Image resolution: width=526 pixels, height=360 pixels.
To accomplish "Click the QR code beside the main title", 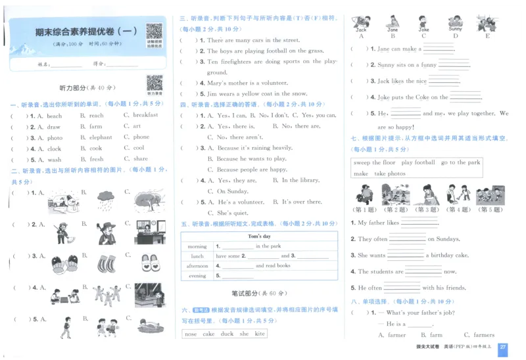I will [x=154, y=32].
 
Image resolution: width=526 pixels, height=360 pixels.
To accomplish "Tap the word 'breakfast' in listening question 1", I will [x=145, y=116].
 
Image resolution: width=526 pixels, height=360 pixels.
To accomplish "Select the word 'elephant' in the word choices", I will [x=101, y=138].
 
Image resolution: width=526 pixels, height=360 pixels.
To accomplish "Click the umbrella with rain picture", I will [x=105, y=198].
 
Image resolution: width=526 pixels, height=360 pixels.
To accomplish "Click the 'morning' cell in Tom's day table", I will [x=197, y=246].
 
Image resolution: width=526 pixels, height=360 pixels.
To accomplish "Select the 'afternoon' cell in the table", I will [x=197, y=266].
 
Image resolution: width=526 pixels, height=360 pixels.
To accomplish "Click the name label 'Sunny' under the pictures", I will [x=455, y=30].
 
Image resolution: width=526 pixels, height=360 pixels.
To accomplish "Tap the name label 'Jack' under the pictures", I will [x=361, y=30].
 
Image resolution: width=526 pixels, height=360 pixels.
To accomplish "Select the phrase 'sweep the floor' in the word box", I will [x=375, y=163].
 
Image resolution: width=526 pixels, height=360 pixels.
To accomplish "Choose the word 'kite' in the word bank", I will [x=260, y=334].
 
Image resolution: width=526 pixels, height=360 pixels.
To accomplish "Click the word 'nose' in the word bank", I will [x=191, y=334].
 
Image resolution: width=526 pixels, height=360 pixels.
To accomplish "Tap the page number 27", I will [x=503, y=347].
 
